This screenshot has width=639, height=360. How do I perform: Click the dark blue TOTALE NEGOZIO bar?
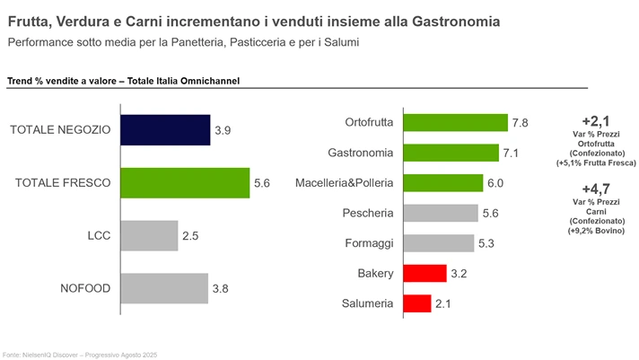pyautogui.click(x=165, y=129)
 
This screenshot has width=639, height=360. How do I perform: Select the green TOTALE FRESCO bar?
pyautogui.click(x=185, y=182)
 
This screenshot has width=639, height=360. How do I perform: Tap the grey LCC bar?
pyautogui.click(x=149, y=235)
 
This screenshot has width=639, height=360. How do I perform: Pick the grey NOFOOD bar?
pyautogui.click(x=164, y=288)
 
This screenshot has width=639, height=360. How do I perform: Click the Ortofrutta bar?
pyautogui.click(x=455, y=122)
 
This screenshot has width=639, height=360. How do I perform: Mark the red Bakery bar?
pyautogui.click(x=425, y=273)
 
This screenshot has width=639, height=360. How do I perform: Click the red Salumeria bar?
pyautogui.click(x=417, y=303)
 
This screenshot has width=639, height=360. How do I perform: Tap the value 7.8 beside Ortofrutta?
pyautogui.click(x=520, y=123)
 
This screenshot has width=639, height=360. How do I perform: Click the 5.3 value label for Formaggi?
pyautogui.click(x=486, y=243)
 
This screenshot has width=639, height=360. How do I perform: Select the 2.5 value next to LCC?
pyautogui.click(x=190, y=236)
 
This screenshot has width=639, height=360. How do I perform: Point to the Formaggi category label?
pyautogui.click(x=368, y=243)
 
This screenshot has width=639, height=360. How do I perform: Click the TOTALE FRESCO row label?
pyautogui.click(x=63, y=182)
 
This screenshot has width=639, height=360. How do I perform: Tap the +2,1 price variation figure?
pyautogui.click(x=597, y=121)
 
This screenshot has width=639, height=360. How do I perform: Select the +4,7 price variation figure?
pyautogui.click(x=597, y=189)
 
